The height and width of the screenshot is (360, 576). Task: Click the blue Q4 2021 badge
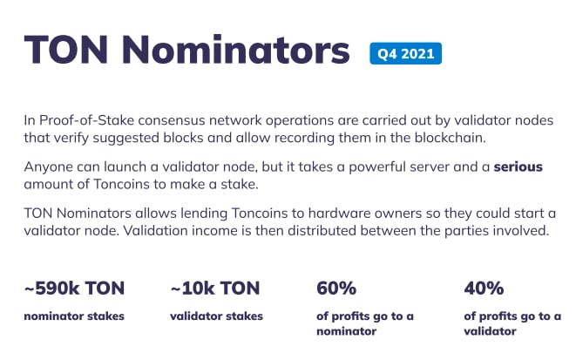point(405,54)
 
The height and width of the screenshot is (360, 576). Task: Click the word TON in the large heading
point(66,50)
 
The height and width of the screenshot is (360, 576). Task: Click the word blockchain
point(450,138)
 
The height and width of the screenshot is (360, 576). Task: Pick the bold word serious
point(518,166)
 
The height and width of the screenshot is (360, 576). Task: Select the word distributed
point(322,231)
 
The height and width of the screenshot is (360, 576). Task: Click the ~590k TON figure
point(74,288)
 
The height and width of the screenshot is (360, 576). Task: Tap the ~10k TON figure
point(215,288)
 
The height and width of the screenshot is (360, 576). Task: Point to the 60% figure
point(336,288)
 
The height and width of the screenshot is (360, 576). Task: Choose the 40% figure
point(484,288)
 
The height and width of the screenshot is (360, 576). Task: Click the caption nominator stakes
point(74,316)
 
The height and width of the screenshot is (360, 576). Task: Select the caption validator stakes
point(216,316)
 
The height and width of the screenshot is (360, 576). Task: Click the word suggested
point(125,139)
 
